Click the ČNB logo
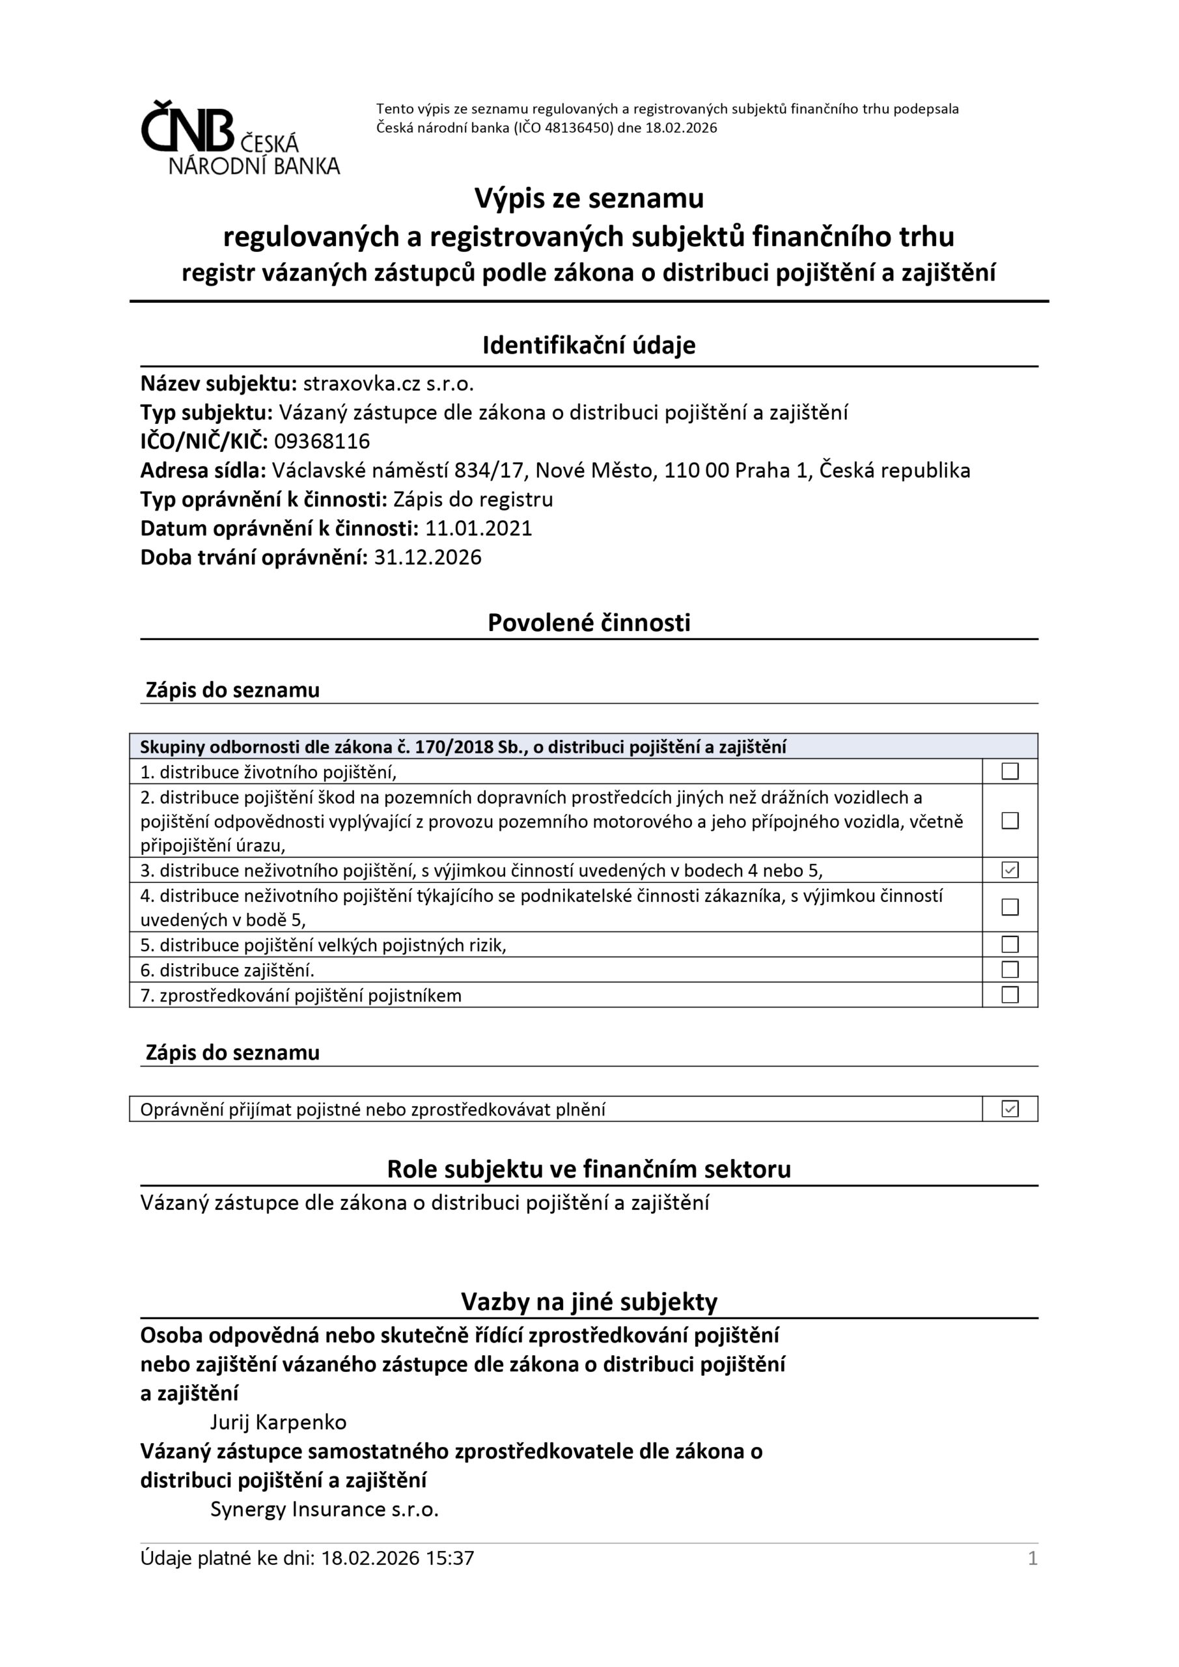(x=239, y=138)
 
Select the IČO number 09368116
(x=322, y=441)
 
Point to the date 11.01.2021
(x=479, y=529)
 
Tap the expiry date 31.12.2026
(x=428, y=557)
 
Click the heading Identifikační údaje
(x=589, y=345)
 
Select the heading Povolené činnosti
(x=589, y=623)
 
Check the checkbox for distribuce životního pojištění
(x=1010, y=771)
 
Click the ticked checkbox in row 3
(x=1010, y=870)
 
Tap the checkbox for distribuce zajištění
(x=1010, y=970)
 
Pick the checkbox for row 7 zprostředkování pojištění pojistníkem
(x=1010, y=995)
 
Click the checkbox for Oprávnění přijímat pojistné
(x=1010, y=1109)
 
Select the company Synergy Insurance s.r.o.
(x=324, y=1509)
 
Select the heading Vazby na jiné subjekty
(x=589, y=1302)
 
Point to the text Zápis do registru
(x=473, y=499)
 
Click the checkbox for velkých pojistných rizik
(x=1010, y=945)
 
